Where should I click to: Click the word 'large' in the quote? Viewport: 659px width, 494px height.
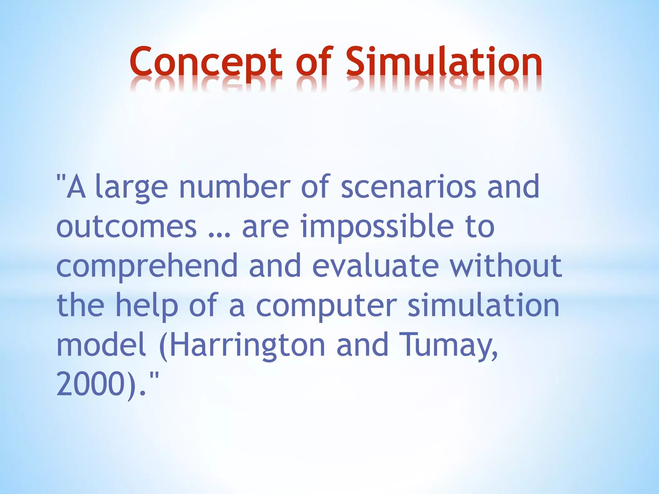[x=132, y=188]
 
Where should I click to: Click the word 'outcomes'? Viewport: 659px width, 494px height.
[x=126, y=227]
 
